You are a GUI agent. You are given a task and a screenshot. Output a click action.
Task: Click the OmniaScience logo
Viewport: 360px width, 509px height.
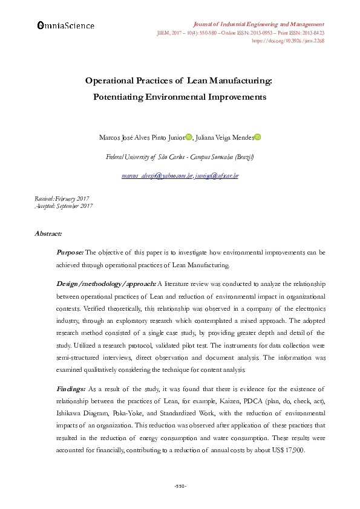coord(65,25)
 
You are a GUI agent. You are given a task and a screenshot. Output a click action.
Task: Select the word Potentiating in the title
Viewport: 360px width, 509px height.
coord(119,96)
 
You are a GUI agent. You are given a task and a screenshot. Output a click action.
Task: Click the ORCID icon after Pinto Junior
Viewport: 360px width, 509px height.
coord(188,137)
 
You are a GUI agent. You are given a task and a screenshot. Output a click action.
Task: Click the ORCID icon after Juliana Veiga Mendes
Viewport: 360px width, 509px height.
coord(257,137)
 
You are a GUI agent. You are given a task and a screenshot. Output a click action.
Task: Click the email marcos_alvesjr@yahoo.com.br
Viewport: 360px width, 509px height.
coord(157,176)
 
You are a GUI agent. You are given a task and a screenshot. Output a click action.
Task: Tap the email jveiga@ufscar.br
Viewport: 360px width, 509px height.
coord(217,176)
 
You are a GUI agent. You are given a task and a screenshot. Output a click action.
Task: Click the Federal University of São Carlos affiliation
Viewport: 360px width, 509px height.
coord(180,157)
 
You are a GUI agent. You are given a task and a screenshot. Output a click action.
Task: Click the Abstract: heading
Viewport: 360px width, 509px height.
coord(48,233)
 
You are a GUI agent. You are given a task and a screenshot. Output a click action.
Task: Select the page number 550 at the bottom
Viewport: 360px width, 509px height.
coord(180,486)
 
